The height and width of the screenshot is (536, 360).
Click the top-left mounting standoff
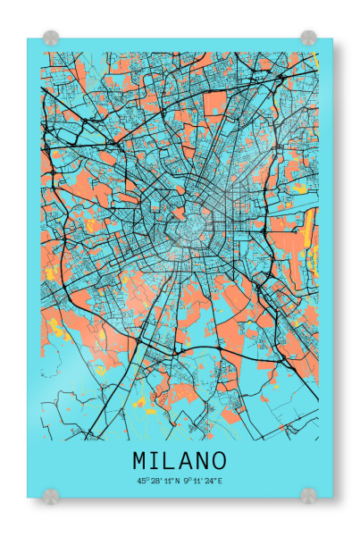click(x=51, y=38)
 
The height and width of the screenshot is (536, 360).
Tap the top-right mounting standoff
click(x=308, y=38)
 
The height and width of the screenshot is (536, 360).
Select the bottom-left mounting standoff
click(x=51, y=494)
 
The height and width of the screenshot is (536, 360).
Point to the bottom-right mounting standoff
click(x=308, y=494)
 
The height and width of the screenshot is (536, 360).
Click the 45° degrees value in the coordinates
click(x=141, y=481)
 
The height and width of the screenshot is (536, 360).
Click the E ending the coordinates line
click(x=220, y=481)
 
